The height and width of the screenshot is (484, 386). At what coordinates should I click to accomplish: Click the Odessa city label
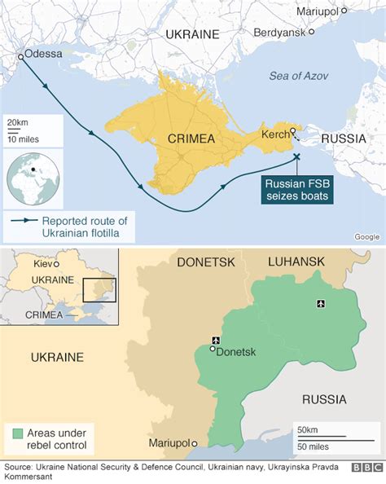(44, 54)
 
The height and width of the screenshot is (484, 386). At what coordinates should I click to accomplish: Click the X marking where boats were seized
(296, 156)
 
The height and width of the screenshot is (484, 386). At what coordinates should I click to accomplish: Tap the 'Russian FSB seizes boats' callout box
(297, 190)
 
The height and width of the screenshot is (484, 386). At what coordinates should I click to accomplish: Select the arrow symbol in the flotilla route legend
(24, 220)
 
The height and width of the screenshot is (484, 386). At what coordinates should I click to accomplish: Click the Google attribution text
(366, 236)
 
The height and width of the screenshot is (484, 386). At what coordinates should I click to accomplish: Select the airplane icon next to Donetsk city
(215, 340)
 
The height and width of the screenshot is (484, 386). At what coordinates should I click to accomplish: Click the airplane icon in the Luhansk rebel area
(319, 304)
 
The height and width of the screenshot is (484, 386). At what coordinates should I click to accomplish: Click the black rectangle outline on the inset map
(100, 290)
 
